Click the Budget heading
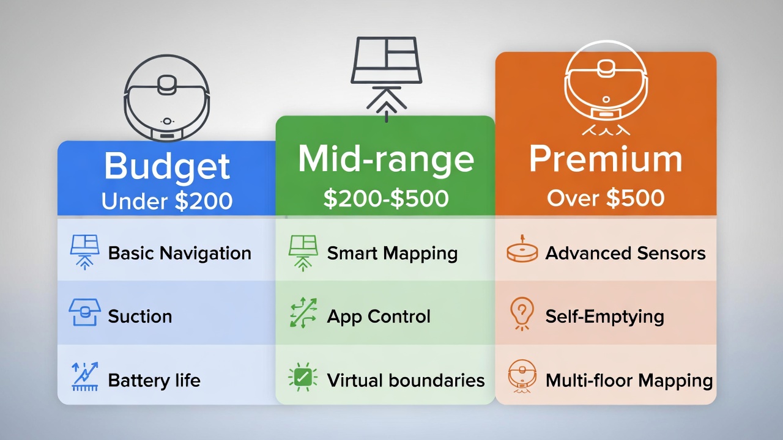167,166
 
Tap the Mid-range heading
385,159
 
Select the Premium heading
605,159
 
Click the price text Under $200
167,200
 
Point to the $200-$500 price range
385,199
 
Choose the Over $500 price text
605,198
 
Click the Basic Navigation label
179,253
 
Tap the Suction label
139,317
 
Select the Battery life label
154,380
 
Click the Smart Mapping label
392,253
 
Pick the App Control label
379,317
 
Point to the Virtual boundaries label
406,380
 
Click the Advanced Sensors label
625,253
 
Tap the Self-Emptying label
604,317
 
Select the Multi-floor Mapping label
629,380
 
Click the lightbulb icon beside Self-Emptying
522,314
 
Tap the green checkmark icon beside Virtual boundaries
302,378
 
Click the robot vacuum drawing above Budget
166,98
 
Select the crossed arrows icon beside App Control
303,313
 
